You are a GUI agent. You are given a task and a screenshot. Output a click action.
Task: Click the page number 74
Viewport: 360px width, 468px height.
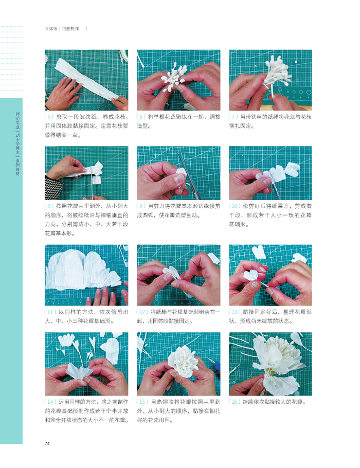point(47,443)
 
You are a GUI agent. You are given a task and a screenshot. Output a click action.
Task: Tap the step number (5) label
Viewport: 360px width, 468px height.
point(49,117)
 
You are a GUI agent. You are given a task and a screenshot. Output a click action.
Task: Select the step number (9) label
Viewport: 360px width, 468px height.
point(141,206)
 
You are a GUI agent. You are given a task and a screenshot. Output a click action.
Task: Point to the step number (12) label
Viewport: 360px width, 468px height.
point(142,312)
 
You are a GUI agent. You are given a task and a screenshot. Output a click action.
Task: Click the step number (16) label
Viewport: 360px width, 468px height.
point(235,402)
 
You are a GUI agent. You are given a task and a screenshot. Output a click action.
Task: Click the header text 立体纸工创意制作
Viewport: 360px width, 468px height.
point(62,29)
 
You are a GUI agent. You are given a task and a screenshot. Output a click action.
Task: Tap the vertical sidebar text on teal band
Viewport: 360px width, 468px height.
point(17,143)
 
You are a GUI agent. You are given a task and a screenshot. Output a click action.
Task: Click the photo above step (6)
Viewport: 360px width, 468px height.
point(178,80)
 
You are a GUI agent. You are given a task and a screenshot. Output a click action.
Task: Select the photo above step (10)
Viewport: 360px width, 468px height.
point(270,173)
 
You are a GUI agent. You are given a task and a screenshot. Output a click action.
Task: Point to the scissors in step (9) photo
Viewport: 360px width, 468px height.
point(188,175)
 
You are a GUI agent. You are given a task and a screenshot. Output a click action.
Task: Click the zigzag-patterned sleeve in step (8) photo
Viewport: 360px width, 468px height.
point(53,187)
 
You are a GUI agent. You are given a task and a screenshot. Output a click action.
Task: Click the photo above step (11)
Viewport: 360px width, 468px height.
point(86,275)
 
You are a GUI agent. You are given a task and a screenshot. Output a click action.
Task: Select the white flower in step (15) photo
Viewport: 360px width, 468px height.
point(183,361)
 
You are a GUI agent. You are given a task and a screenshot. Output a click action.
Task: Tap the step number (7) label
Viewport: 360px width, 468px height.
point(233,117)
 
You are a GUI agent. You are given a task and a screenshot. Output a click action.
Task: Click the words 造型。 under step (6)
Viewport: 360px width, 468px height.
point(144,126)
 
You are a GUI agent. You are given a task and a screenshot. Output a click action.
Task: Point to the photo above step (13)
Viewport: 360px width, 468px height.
point(270,275)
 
